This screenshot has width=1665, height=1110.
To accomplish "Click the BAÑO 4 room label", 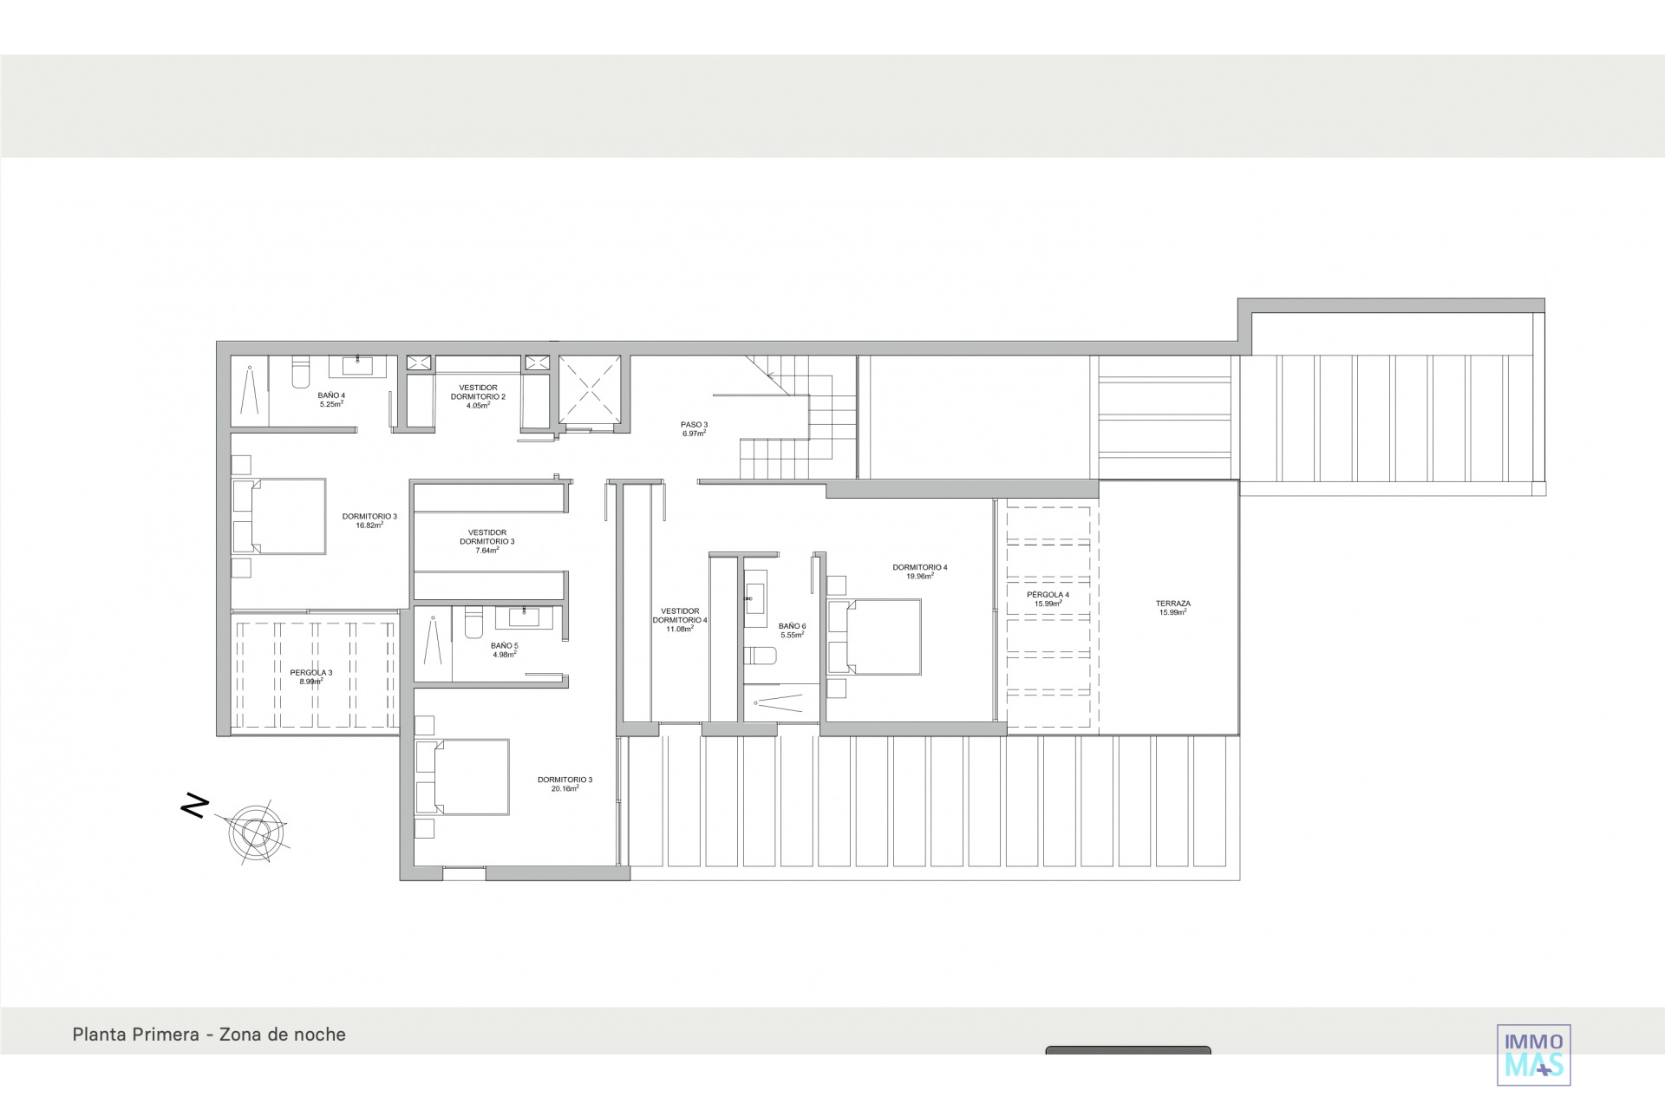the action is click(x=331, y=400).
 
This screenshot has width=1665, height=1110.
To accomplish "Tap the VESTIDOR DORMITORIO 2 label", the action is click(x=478, y=396).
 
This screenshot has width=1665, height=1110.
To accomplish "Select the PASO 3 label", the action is click(x=694, y=428).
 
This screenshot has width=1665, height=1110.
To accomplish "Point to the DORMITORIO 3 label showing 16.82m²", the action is click(x=369, y=520).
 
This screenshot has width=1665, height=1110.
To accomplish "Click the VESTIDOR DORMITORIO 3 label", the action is click(x=486, y=541).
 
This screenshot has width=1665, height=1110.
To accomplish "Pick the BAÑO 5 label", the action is click(x=504, y=650).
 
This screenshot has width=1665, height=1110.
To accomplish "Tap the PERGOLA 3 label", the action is click(x=310, y=676).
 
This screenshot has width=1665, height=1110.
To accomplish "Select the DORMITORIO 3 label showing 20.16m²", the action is click(x=565, y=784).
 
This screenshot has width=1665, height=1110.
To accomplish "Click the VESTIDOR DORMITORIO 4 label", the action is click(x=680, y=620).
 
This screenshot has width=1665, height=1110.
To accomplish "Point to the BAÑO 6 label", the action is click(x=792, y=630).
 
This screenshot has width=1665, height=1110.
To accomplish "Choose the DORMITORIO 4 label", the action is click(x=919, y=571).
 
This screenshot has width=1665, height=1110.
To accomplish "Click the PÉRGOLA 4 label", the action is click(x=1048, y=599).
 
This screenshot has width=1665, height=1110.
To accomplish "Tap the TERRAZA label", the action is click(x=1172, y=608).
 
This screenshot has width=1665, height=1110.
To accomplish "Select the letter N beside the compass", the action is click(x=195, y=806).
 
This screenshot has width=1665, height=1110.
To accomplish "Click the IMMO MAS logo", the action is click(x=1534, y=1054).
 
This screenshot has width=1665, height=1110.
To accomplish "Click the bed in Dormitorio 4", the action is click(x=874, y=637).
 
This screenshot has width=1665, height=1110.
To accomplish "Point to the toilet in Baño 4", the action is click(x=300, y=373).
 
